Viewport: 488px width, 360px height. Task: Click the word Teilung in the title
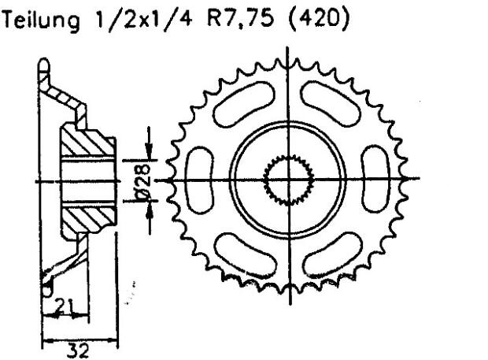[x=40, y=23]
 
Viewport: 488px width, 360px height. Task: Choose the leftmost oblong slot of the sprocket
[x=202, y=180]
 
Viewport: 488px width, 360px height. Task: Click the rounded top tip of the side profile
[x=45, y=65]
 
